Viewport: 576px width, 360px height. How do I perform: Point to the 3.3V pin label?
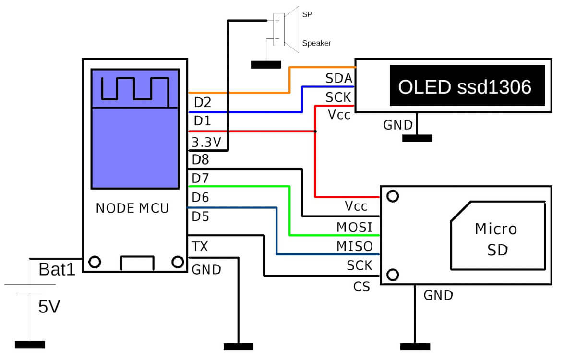[x=206, y=142]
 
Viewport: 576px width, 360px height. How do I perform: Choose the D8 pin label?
[x=201, y=159]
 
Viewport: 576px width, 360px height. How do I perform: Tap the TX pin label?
[x=200, y=247]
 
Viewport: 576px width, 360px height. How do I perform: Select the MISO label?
[x=354, y=246]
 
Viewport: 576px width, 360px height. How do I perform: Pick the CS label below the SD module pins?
[x=361, y=287]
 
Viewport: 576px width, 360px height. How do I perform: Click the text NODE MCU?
[x=132, y=208]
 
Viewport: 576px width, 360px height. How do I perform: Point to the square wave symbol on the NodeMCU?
[x=134, y=89]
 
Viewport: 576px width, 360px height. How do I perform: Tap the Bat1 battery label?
[x=58, y=269]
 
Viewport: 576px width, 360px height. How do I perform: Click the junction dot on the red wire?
[x=315, y=131]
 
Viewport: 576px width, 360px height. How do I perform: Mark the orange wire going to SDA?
[x=240, y=92]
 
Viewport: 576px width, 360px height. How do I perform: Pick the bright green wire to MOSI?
[x=240, y=186]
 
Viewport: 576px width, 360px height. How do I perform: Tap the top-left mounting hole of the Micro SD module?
[x=393, y=196]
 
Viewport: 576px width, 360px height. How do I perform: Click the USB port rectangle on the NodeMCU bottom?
[x=137, y=264]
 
